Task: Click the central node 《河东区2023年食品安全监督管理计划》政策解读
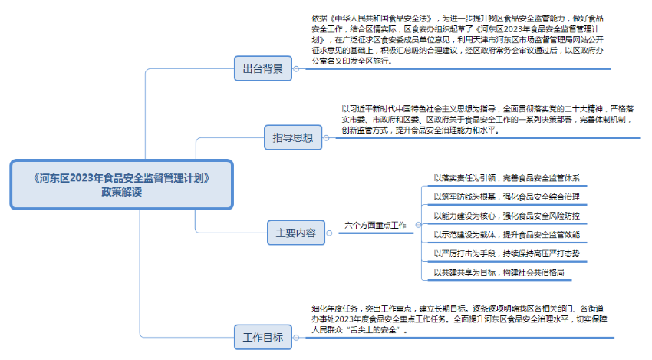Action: pos(121,185)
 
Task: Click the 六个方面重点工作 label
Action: pos(375,226)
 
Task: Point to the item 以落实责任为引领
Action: pos(507,178)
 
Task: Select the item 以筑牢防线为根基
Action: pos(507,197)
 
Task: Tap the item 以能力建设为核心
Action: pos(507,216)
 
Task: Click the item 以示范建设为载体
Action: pos(507,234)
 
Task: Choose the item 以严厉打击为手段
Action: pos(507,253)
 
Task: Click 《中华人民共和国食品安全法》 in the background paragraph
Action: pos(380,18)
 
